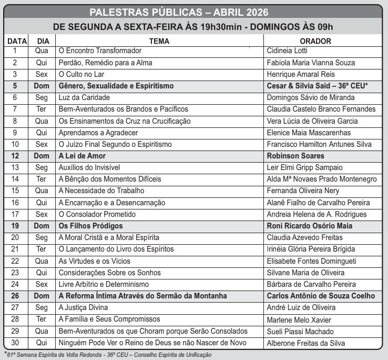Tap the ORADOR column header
click(x=315, y=41)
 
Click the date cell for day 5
click(x=15, y=86)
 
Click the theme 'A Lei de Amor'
click(x=82, y=156)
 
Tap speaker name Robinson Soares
click(x=295, y=156)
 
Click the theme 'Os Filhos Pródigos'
click(x=91, y=226)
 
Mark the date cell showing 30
click(x=15, y=343)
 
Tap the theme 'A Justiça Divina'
click(x=83, y=307)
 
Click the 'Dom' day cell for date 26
click(x=41, y=296)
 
